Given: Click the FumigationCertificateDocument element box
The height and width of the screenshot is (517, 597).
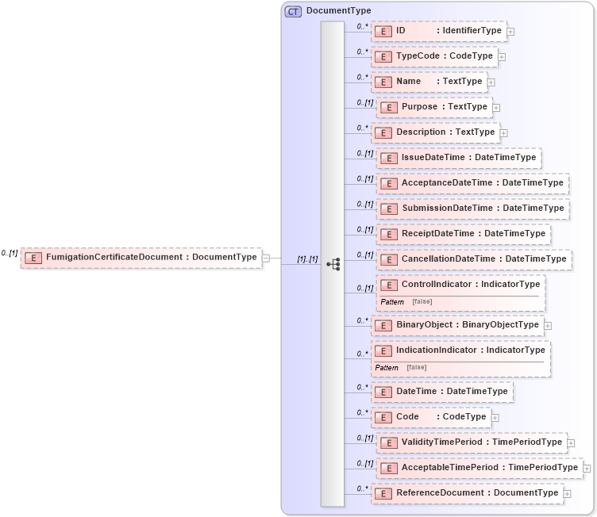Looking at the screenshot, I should click(x=141, y=258).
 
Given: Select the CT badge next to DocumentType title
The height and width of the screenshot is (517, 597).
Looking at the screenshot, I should click(x=293, y=11).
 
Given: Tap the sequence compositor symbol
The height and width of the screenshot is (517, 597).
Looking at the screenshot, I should click(x=333, y=264).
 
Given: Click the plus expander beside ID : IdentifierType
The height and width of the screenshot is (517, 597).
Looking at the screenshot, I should click(x=510, y=32).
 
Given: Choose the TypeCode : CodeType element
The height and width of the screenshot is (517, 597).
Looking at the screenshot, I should click(x=434, y=56).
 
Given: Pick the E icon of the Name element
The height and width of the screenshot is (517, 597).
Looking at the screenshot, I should click(x=383, y=82).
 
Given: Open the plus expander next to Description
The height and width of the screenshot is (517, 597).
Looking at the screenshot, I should click(x=503, y=133).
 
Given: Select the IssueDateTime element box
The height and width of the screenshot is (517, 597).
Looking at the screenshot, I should click(x=459, y=158).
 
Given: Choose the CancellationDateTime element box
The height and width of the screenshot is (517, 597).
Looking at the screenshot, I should click(x=473, y=259).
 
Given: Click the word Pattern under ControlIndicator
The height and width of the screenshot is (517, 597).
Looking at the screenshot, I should click(x=392, y=302).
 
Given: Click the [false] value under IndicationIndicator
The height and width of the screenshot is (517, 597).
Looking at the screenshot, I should click(x=416, y=367).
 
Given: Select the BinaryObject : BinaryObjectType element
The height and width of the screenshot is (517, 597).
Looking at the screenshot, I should click(x=457, y=325).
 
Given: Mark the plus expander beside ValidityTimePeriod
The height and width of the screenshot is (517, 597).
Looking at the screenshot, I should click(x=571, y=443).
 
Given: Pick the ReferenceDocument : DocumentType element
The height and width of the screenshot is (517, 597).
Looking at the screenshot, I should click(x=467, y=493).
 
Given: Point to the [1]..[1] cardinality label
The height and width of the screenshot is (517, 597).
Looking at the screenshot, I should click(x=307, y=259).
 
